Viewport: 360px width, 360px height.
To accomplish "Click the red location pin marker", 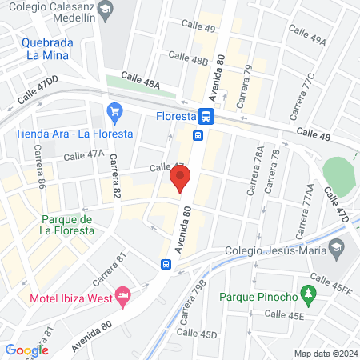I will (x=179, y=180).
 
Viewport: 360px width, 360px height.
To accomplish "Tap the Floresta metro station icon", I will (x=206, y=116).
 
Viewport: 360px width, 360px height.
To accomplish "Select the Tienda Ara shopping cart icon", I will (x=114, y=111).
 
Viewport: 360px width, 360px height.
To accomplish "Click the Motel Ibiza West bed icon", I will (x=122, y=298).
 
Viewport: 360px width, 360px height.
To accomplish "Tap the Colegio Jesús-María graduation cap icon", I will (x=338, y=249).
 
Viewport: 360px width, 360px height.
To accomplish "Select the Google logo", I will (x=26, y=350).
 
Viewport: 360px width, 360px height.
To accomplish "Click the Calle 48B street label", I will (x=189, y=58).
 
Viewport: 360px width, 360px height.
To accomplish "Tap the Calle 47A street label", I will (x=84, y=155).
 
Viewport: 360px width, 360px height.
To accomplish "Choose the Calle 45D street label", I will (x=196, y=333).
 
